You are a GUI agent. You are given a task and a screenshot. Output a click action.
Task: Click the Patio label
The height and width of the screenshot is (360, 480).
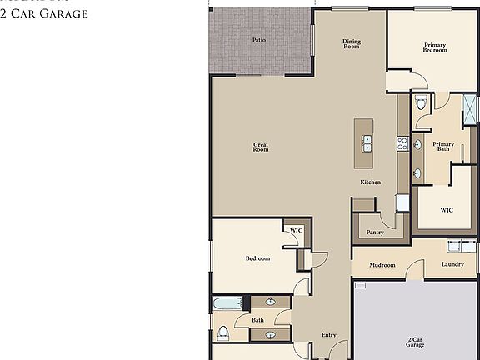point(259,39)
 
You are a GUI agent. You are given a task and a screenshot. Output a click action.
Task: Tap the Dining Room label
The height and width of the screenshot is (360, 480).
point(352,44)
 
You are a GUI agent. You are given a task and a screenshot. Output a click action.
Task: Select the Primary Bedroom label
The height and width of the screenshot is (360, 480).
point(435,47)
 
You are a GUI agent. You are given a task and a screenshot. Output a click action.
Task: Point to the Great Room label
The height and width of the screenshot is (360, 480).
point(261,147)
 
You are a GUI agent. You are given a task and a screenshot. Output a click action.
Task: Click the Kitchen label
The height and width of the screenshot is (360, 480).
point(371,182)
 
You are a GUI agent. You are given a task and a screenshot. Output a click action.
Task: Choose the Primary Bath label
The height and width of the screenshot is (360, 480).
point(443,147)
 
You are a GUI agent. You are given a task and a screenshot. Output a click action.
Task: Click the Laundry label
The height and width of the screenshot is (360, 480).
point(452,265)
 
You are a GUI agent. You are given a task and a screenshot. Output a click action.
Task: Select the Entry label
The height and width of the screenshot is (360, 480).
point(329,335)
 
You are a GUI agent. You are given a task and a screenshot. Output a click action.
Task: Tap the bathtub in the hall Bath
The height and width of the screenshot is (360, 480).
point(227,303)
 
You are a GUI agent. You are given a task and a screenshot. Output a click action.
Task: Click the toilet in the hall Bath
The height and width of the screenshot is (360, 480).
point(222,333)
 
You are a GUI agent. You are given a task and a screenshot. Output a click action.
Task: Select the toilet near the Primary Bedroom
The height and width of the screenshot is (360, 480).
point(421,103)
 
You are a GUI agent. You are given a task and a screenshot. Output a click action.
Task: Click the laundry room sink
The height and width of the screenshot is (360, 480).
point(455,246)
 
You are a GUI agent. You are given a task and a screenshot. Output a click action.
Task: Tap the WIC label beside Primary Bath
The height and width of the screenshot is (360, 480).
point(447,209)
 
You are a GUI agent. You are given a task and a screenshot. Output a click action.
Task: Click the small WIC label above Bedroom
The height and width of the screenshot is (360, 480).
point(294,230)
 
